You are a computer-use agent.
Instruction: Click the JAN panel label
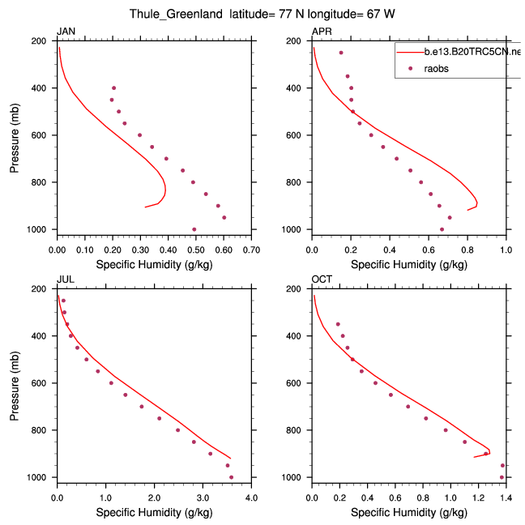click(x=65, y=32)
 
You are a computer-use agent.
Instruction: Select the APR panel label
click(x=322, y=32)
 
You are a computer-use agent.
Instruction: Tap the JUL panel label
click(x=65, y=280)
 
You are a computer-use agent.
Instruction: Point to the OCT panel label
click(x=322, y=280)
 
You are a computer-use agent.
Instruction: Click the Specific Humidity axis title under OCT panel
click(x=409, y=512)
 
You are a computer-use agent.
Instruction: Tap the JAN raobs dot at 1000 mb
click(x=194, y=229)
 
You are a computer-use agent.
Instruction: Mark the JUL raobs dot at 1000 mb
click(x=231, y=477)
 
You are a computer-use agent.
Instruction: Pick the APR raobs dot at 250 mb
click(x=341, y=53)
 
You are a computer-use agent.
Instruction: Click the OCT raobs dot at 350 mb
click(x=338, y=324)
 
